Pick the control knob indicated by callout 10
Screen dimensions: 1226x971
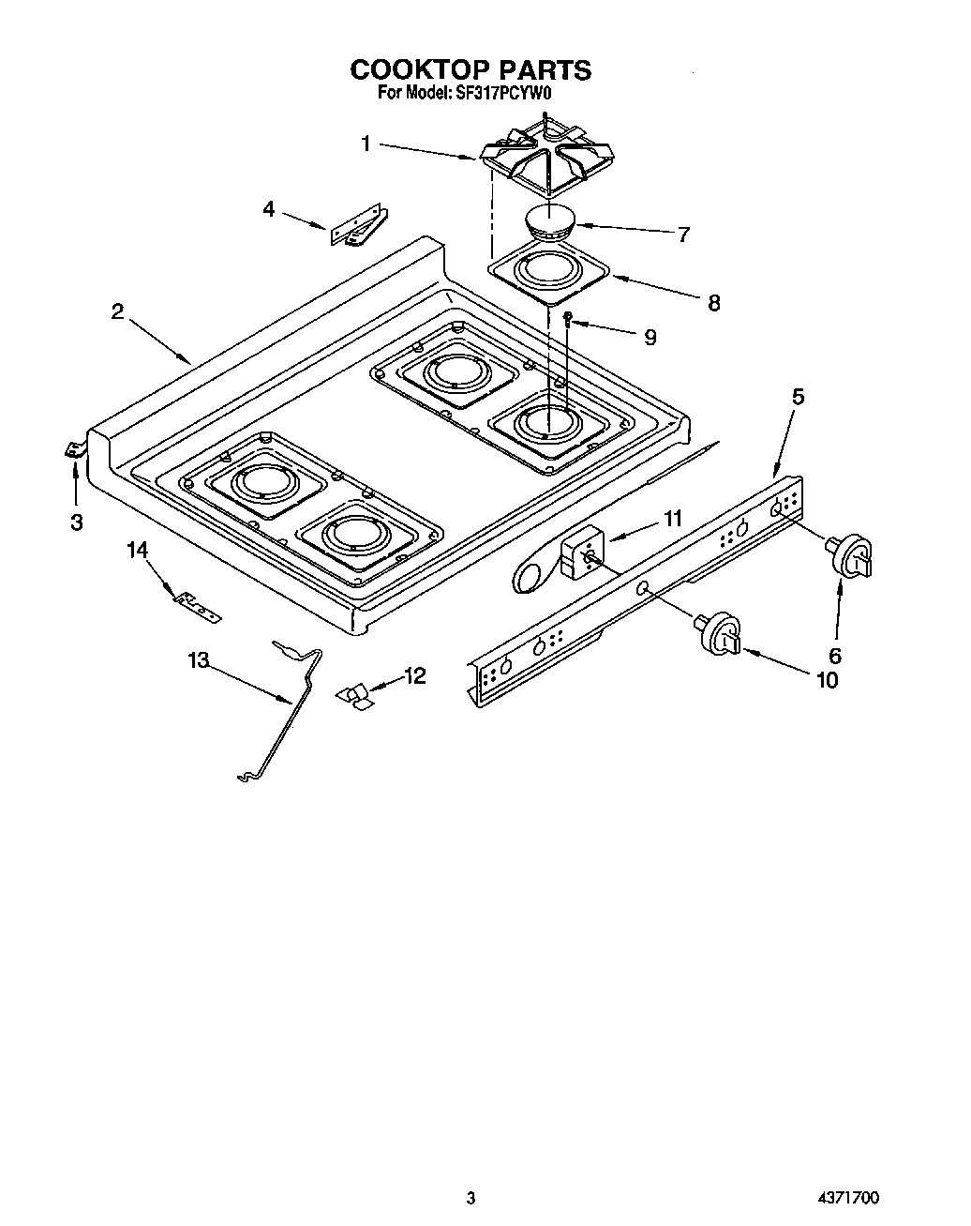pos(717,631)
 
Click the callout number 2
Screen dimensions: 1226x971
pos(117,312)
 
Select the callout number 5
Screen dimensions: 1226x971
pos(797,397)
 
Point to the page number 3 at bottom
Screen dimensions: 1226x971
pos(471,1197)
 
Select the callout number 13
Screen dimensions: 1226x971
pos(198,660)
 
